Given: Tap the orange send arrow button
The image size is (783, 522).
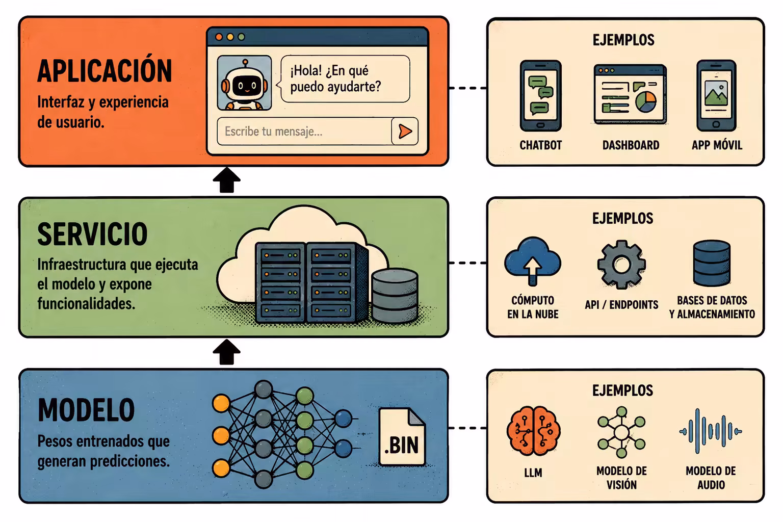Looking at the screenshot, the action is click(x=405, y=132).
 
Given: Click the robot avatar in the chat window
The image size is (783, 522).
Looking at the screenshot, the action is click(x=244, y=83).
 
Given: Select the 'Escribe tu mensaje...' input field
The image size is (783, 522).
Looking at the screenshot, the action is click(x=304, y=132).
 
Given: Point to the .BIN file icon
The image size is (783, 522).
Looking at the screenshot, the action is click(x=402, y=437).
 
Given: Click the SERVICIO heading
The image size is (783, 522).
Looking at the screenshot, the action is click(x=92, y=234).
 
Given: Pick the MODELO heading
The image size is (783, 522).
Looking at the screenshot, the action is click(x=86, y=410).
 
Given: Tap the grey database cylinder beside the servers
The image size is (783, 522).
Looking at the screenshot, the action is click(x=395, y=296).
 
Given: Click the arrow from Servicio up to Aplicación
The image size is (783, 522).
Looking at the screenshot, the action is click(x=226, y=180).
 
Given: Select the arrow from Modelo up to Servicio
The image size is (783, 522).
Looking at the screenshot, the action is click(x=226, y=352).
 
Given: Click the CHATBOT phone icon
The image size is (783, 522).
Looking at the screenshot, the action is click(x=540, y=96).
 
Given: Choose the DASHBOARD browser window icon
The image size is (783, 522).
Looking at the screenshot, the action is click(x=630, y=94).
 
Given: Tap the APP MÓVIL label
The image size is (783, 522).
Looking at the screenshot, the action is click(x=717, y=145).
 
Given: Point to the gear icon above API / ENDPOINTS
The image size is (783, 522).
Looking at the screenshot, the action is click(x=621, y=265).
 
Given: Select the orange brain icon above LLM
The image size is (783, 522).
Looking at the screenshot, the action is click(x=533, y=430).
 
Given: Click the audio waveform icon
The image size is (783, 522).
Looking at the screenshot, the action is click(x=711, y=431).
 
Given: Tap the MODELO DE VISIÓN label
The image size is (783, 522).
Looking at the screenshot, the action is click(x=621, y=478).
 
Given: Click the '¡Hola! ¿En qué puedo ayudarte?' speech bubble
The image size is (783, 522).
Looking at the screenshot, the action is click(x=345, y=79).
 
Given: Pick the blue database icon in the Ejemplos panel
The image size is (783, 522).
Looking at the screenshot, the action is click(x=712, y=263).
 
